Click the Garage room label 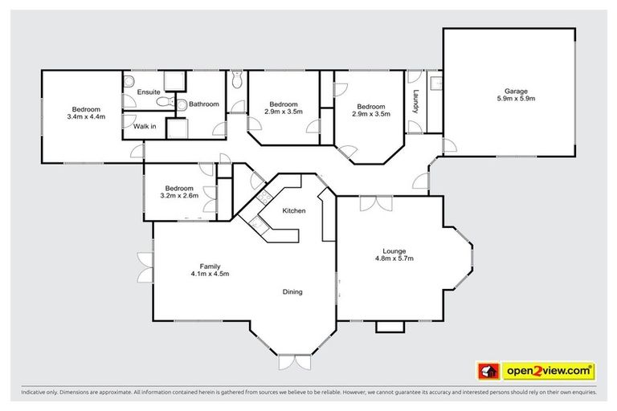pos(515,91)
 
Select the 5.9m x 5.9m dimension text pos(515,99)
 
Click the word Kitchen pos(293,210)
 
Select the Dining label pos(292,291)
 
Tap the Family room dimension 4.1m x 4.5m pos(210,274)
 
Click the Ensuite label pos(149,92)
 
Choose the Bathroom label pos(205,104)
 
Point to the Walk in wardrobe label pos(145,127)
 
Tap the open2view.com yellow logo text pos(548,371)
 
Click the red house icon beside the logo pos(487,371)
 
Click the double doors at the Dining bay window pos(292,362)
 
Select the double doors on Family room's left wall pos(145,267)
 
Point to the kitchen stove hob pos(262,201)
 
